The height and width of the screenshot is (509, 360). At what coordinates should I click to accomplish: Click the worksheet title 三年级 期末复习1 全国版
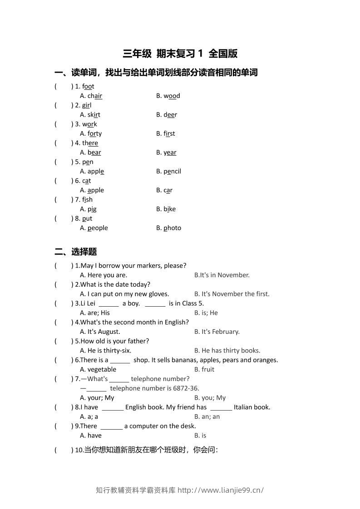[180, 54]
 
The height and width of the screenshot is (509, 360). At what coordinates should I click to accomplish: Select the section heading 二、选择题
[76, 252]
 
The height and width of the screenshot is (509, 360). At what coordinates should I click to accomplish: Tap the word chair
[95, 96]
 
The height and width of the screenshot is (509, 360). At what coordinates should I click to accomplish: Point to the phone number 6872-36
[187, 388]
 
